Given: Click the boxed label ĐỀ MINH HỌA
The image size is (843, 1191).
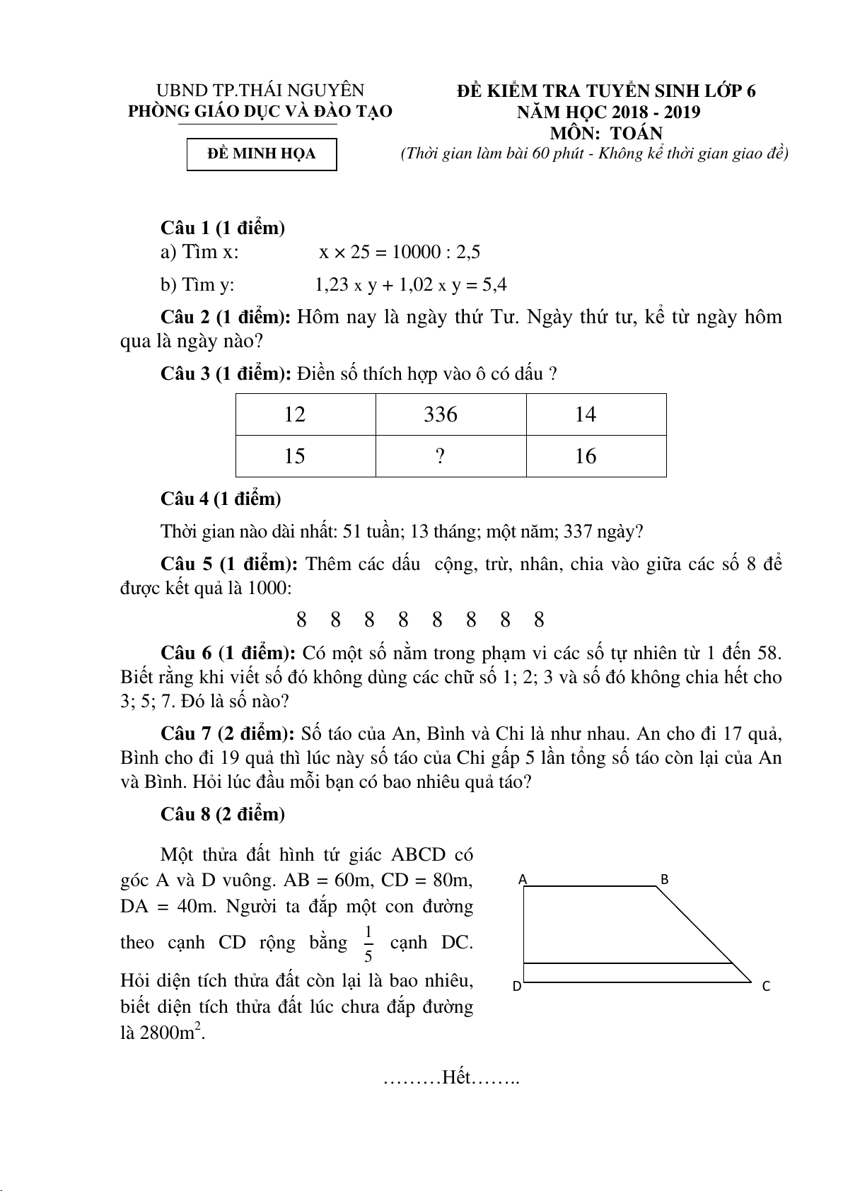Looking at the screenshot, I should click(x=262, y=154).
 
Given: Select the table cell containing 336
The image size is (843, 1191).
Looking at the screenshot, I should click(x=441, y=414).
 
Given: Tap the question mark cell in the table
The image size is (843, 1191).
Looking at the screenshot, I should click(x=441, y=456).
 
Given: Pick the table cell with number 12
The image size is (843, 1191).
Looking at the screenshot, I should click(x=294, y=414).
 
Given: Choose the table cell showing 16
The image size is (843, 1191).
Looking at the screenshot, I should click(x=586, y=456).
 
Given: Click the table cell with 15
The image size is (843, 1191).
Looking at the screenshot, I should click(x=294, y=456).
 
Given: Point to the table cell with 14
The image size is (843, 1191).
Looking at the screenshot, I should click(x=586, y=414).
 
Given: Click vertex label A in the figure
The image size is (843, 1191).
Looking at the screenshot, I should click(x=523, y=880).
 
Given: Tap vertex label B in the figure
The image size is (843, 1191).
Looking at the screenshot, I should click(x=664, y=880).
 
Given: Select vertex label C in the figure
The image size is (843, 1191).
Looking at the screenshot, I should click(x=766, y=986).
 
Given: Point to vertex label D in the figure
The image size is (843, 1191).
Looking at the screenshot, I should click(x=517, y=986).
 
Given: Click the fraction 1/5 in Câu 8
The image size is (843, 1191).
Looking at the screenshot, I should click(x=368, y=943).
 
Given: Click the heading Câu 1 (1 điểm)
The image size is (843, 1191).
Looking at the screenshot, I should click(x=223, y=228).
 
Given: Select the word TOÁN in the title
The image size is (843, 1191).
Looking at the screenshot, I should click(x=636, y=133).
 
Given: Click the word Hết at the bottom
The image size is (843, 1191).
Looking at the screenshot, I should click(x=456, y=1078).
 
